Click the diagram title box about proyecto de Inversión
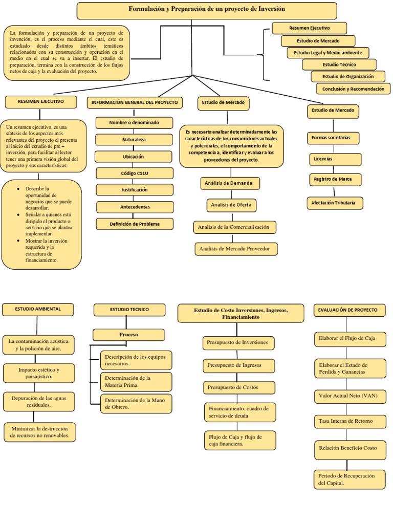click(207, 11)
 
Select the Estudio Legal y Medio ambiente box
click(328, 53)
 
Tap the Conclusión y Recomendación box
click(354, 89)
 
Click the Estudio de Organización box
click(348, 77)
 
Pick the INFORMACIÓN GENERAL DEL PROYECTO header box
click(135, 102)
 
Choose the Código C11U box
click(135, 173)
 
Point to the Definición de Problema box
click(135, 224)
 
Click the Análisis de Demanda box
click(230, 183)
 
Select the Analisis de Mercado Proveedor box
click(236, 249)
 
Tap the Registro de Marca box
click(335, 180)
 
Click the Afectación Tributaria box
click(335, 203)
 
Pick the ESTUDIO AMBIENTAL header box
click(38, 310)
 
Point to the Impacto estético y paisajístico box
click(39, 373)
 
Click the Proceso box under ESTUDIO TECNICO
click(128, 335)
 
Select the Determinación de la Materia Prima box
click(136, 382)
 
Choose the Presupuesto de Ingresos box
click(239, 365)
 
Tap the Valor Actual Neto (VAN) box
click(350, 397)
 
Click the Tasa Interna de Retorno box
click(350, 422)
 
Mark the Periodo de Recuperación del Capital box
click(350, 479)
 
